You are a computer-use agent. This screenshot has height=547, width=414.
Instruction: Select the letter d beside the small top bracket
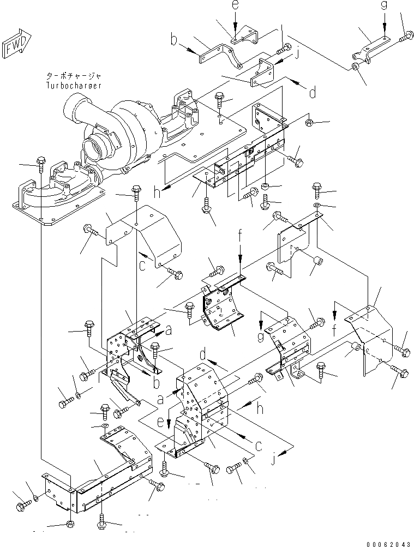click(312, 93)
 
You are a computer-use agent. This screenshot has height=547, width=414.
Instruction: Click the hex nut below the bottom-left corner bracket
click(70, 524)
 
